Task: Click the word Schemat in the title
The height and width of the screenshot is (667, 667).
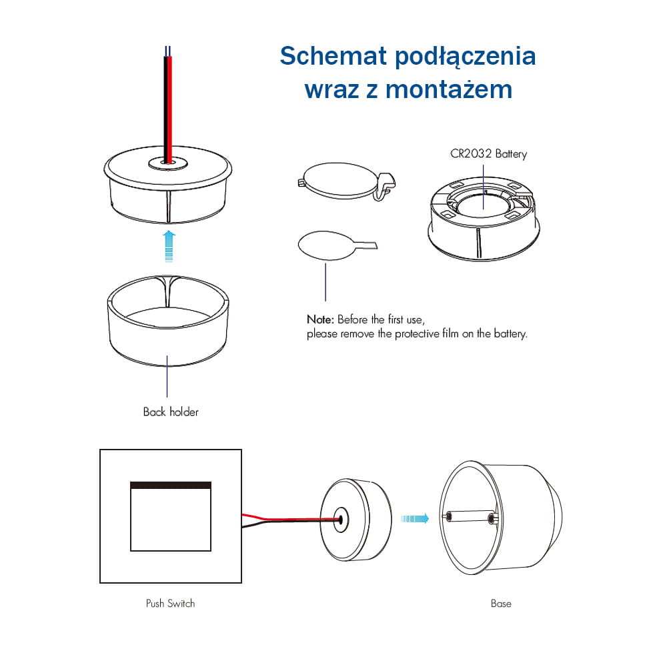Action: coord(333,56)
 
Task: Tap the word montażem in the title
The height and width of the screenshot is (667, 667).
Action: coord(448,89)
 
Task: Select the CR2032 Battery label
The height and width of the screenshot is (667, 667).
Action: coord(488,153)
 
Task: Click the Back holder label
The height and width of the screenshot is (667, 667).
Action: coord(171,412)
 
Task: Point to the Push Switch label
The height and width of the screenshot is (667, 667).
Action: coord(170,603)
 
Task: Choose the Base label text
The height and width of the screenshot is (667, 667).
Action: coord(501,604)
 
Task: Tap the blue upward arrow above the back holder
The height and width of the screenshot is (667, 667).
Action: coord(169,246)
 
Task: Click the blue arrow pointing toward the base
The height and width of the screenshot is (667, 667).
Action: coord(415,518)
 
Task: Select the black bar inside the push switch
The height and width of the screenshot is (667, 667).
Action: coord(171,486)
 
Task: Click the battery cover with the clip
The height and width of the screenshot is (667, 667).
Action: coord(346,181)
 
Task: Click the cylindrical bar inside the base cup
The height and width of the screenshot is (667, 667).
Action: coord(470,517)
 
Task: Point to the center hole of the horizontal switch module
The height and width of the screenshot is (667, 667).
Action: coord(340,520)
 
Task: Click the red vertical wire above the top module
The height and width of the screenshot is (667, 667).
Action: coord(169,109)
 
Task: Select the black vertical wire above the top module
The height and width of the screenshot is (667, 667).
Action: coord(165,109)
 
